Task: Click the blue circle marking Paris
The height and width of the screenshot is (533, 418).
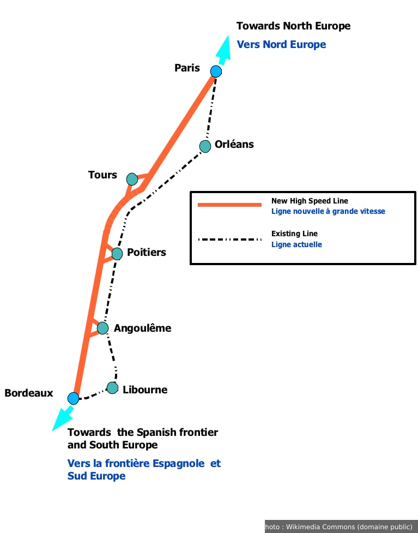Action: tap(216, 71)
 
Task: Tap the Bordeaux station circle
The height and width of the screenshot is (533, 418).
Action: tap(73, 398)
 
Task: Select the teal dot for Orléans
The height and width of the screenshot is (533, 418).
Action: tap(205, 147)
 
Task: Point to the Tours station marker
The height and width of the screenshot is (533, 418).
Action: tap(132, 179)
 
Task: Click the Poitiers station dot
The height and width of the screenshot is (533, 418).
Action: tap(117, 254)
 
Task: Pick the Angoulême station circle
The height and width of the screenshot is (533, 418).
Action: tap(103, 328)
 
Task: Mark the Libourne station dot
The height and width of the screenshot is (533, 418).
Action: tap(112, 388)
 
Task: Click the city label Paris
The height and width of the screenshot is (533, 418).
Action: tap(187, 68)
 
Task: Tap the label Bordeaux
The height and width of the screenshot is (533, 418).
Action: tap(29, 393)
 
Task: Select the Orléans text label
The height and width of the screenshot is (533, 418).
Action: tap(234, 144)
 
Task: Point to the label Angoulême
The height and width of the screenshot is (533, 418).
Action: tap(143, 328)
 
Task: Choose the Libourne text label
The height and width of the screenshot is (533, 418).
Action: tap(145, 390)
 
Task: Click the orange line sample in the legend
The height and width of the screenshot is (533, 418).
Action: tap(230, 205)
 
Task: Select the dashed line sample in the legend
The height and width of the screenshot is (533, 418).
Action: tap(230, 239)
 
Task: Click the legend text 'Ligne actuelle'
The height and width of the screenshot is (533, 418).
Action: tap(296, 244)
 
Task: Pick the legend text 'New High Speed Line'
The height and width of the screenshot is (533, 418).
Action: tap(310, 201)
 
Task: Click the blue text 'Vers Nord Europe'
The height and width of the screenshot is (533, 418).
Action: tap(282, 45)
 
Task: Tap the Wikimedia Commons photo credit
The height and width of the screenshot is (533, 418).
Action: tap(341, 527)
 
